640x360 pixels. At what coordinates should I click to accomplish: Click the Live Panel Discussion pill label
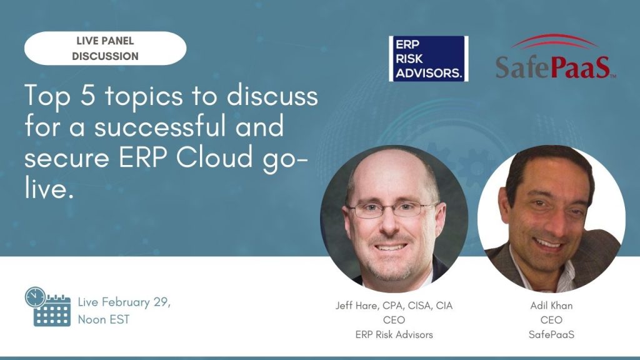point(105,48)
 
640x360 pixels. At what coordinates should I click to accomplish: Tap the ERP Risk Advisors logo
point(429,58)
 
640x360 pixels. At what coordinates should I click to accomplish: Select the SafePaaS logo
point(556,57)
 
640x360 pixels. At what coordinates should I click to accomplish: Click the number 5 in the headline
point(87,96)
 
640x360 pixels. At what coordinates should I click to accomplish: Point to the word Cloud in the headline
point(215,157)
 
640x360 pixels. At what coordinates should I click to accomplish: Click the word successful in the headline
point(160,126)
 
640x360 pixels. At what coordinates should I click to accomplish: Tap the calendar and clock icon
point(47,306)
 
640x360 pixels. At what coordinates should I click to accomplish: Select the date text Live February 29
point(124,302)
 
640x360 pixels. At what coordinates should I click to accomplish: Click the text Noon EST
point(104,319)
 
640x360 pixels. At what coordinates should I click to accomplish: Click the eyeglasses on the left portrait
point(392,210)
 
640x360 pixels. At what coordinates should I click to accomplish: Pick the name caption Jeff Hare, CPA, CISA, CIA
point(394,306)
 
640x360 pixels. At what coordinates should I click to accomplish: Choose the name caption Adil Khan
point(551,305)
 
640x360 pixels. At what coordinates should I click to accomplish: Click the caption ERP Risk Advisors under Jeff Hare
point(394,335)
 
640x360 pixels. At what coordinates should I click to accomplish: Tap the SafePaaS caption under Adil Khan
point(551,335)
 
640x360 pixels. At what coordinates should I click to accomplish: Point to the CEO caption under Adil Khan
point(551,320)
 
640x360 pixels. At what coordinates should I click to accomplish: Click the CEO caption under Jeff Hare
point(394,320)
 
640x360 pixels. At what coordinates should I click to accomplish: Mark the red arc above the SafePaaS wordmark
point(555,41)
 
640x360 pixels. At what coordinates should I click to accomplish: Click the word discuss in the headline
point(272,96)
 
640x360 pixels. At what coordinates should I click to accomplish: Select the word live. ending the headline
point(49,188)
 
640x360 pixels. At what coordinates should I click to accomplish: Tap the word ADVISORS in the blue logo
point(429,73)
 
